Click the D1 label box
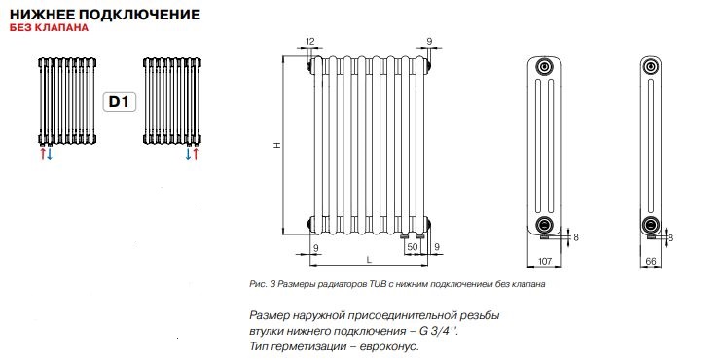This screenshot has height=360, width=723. point(117,100)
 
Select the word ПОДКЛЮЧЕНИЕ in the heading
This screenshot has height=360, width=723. point(145,15)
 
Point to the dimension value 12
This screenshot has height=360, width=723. point(310,41)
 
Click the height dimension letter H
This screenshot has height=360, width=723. point(276,146)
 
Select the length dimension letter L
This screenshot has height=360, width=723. point(369,260)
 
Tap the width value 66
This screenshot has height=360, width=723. point(652,261)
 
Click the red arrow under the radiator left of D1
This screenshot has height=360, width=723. point(41,154)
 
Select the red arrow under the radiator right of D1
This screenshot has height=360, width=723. point(196,154)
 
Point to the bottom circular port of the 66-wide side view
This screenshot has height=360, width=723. point(652,226)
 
